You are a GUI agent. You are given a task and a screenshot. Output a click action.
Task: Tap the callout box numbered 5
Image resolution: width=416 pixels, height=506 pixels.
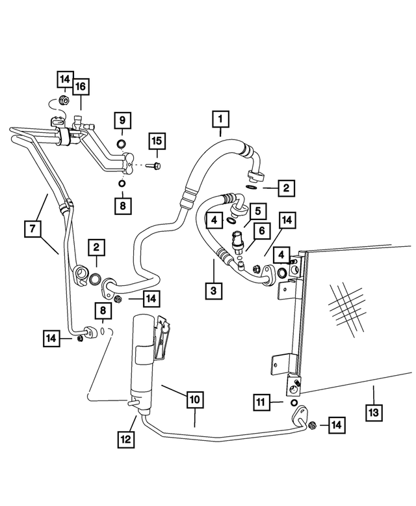257,211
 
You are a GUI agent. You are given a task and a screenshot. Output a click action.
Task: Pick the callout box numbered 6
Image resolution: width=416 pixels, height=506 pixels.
263,230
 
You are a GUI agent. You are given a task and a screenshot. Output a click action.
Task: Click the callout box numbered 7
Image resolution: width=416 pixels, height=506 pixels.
32,229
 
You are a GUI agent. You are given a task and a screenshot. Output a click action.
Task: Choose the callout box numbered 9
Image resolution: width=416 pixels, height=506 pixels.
122,120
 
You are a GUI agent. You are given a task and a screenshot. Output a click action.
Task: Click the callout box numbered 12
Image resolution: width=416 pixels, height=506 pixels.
126,440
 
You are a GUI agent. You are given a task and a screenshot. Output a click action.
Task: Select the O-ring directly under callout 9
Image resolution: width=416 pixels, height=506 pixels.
122,143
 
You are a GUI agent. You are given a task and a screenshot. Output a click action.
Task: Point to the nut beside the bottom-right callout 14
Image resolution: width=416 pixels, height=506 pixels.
313,426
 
